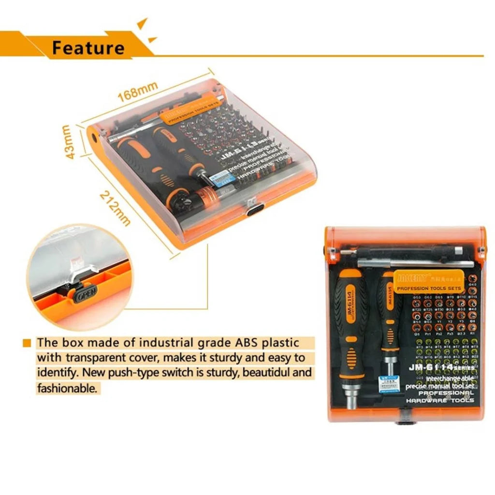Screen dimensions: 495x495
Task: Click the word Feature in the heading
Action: [x=88, y=47]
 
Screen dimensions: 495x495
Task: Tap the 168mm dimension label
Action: [x=138, y=90]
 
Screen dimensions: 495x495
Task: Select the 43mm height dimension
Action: [x=68, y=142]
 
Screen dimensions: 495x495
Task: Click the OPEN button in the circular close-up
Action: [x=86, y=292]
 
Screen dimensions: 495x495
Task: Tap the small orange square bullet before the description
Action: [x=28, y=343]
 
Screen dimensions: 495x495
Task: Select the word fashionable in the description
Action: [x=68, y=388]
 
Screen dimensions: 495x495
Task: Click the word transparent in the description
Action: [x=97, y=358]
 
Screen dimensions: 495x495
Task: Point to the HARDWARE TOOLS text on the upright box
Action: [x=440, y=400]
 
